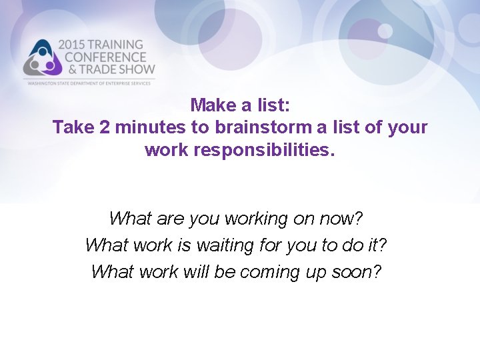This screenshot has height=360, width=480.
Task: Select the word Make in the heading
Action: click(x=209, y=105)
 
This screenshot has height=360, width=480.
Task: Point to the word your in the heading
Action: click(x=408, y=127)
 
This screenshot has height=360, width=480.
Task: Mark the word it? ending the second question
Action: click(x=376, y=245)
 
